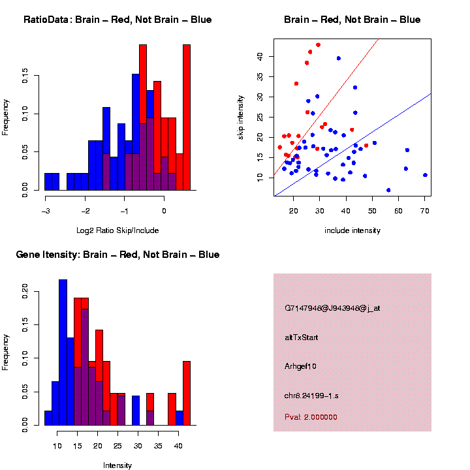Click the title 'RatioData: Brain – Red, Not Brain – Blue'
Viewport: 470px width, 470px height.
[x=117, y=20]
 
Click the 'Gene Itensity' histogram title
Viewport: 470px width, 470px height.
[x=117, y=255]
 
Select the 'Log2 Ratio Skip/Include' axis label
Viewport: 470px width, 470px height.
[x=117, y=230]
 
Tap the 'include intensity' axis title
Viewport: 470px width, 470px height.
[x=352, y=230]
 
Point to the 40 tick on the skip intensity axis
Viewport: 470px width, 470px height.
[x=259, y=57]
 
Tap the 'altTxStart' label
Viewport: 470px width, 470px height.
[x=301, y=337]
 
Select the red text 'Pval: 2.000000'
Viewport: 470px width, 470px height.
[x=311, y=417]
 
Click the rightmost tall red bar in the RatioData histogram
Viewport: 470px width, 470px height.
[x=187, y=117]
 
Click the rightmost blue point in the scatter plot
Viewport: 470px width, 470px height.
[x=425, y=175]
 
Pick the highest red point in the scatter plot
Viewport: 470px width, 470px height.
[x=319, y=45]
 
